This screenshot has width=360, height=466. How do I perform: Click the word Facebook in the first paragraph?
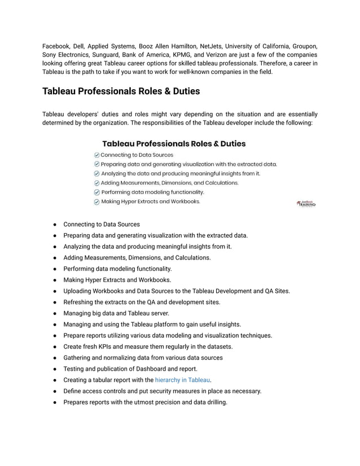tap(56, 45)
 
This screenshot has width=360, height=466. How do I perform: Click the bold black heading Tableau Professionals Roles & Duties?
tap(121, 91)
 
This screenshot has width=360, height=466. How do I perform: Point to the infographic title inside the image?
tap(174, 143)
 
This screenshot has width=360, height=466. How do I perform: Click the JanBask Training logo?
tap(306, 204)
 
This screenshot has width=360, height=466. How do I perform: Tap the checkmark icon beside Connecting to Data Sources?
tap(96, 155)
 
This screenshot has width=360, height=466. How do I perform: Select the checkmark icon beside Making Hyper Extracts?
tap(96, 201)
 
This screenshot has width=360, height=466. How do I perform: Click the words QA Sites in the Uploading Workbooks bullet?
tap(277, 291)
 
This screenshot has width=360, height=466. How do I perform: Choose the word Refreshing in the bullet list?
tap(80, 302)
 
